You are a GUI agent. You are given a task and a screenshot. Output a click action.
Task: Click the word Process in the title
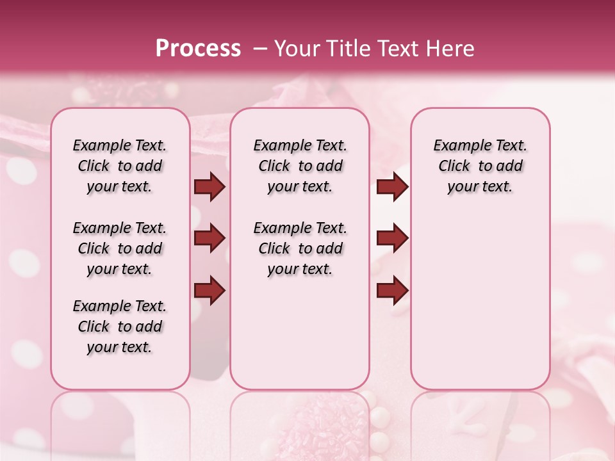point(198,49)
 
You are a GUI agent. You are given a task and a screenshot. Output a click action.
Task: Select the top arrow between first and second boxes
point(209,186)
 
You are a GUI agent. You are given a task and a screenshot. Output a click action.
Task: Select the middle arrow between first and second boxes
point(209,238)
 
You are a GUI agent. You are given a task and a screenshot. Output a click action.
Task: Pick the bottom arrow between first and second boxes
point(209,291)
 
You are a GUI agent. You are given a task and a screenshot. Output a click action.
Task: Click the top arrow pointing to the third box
point(392,186)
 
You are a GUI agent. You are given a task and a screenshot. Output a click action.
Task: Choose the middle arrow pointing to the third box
point(392,238)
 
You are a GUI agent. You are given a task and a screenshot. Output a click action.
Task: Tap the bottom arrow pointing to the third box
point(392,291)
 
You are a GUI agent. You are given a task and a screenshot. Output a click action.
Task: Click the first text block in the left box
point(120,166)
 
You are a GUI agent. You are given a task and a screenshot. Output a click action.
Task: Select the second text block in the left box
point(120,248)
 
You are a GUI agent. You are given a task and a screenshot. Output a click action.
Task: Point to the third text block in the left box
point(120,327)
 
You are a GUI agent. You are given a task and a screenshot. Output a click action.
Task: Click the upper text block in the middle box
point(300,166)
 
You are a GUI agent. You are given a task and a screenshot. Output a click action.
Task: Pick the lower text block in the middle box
point(300,248)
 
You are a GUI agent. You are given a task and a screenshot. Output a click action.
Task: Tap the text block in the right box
point(480,166)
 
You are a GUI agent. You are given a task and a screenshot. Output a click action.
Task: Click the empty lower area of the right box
point(480,301)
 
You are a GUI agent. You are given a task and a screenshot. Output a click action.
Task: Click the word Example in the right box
point(457,146)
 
